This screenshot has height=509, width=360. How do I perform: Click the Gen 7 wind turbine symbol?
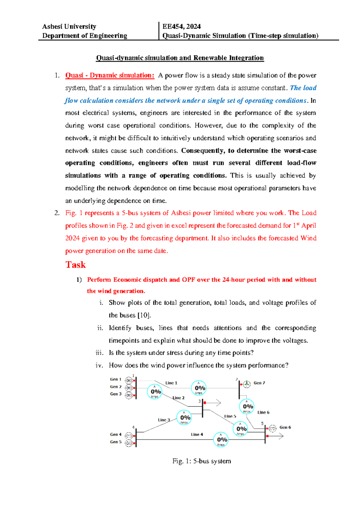pyautogui.click(x=247, y=384)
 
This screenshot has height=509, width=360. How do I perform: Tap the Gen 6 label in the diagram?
pyautogui.click(x=285, y=427)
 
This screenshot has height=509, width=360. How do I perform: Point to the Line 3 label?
pyautogui.click(x=164, y=420)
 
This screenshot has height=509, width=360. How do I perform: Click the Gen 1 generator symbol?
pyautogui.click(x=129, y=381)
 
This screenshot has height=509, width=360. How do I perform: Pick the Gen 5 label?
pyautogui.click(x=115, y=442)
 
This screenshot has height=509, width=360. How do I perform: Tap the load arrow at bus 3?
pyautogui.click(x=214, y=403)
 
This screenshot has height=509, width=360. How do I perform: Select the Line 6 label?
pyautogui.click(x=263, y=412)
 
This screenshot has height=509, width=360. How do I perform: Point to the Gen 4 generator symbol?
pyautogui.click(x=129, y=435)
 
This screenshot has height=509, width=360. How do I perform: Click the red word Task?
pyautogui.click(x=76, y=265)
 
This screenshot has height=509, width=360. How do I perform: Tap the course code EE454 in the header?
pyautogui.click(x=172, y=26)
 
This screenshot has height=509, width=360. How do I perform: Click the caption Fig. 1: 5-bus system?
pyautogui.click(x=202, y=461)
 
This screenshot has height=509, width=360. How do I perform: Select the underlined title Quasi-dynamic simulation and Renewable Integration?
pyautogui.click(x=180, y=58)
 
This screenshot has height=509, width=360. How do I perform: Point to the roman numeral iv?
pyautogui.click(x=99, y=365)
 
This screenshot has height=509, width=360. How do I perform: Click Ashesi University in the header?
pyautogui.click(x=69, y=26)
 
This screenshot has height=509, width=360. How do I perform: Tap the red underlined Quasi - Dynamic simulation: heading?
pyautogui.click(x=110, y=75)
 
